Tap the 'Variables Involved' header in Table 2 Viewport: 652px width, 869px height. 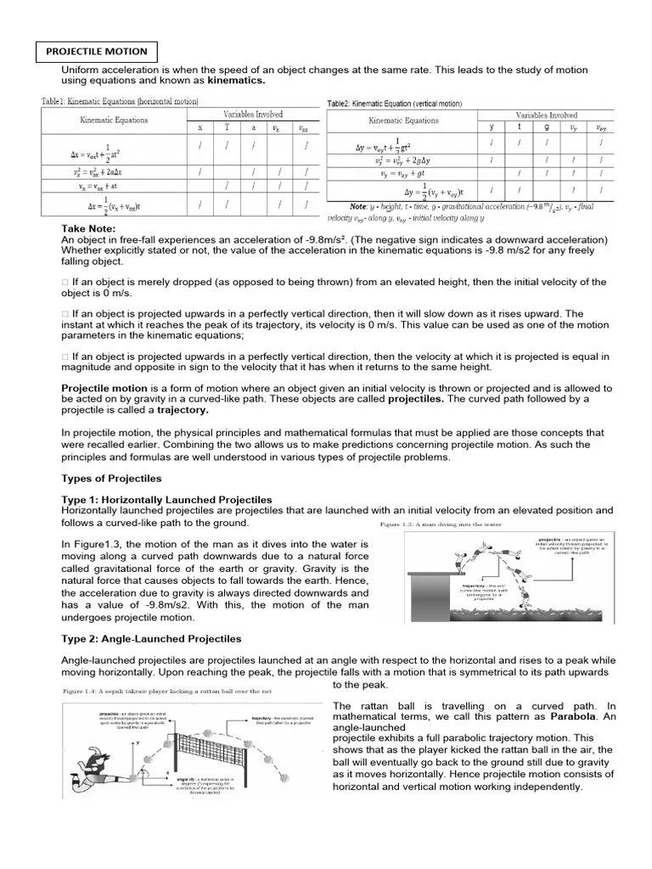tap(546, 115)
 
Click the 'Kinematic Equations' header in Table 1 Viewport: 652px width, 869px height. tap(114, 120)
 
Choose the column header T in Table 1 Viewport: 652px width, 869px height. tap(227, 127)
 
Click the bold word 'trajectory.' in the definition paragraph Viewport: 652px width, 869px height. tap(183, 410)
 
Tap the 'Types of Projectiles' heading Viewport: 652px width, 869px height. tap(112, 479)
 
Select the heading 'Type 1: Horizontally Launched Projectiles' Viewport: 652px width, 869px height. tap(166, 499)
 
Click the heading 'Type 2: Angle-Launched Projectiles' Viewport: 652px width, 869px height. tap(151, 638)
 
